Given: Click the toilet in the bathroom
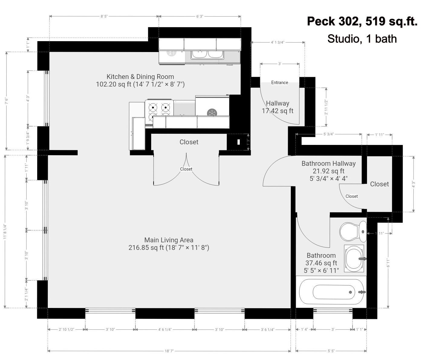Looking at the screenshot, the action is click(353, 231).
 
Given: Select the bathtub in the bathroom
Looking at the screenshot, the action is click(332, 292).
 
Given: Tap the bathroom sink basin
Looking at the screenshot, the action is click(354, 258).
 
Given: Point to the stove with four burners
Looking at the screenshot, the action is click(159, 111).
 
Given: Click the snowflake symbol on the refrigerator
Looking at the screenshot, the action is click(212, 112).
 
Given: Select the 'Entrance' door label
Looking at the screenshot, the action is click(280, 82).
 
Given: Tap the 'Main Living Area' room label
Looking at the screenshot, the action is click(169, 240).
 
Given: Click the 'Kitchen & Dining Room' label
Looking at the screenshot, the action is click(140, 77).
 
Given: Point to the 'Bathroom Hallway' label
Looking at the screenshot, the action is click(329, 163).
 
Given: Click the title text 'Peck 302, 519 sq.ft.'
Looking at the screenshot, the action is click(362, 21).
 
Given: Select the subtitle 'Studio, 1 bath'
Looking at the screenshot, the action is click(362, 39).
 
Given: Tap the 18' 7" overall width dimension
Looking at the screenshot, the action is click(169, 351).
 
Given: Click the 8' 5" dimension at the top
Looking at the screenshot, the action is click(104, 16).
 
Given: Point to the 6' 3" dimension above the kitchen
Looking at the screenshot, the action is click(200, 16).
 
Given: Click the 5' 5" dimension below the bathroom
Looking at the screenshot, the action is click(331, 351).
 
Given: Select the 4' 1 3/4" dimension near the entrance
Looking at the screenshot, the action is click(278, 42).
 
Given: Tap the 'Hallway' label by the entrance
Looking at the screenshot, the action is click(278, 103).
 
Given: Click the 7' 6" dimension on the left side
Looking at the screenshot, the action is click(7, 101).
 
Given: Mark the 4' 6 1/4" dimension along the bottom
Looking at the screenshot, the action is click(165, 329).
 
